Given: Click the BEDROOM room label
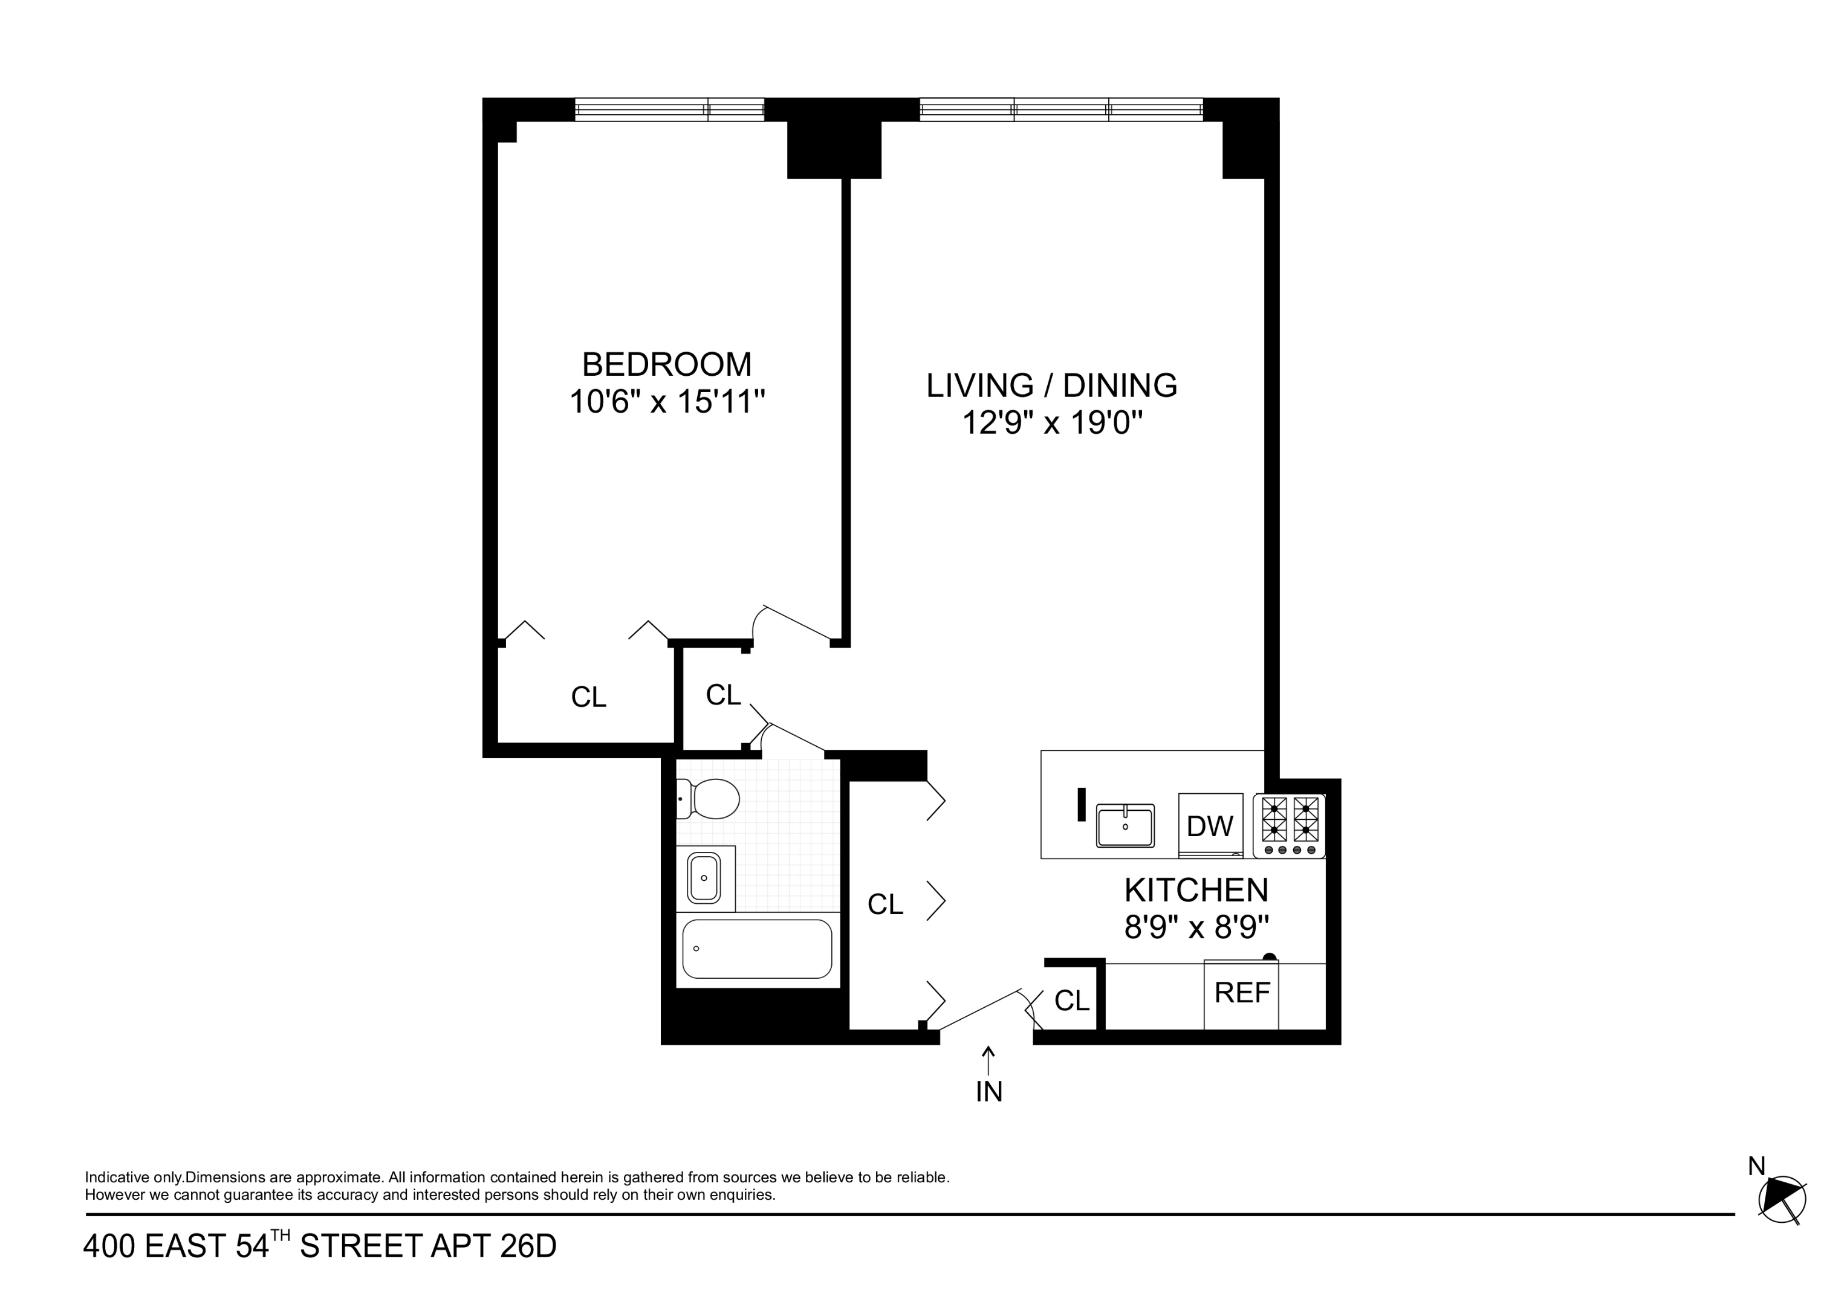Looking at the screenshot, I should [666, 364].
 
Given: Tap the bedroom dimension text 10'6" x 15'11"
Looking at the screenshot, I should [666, 401].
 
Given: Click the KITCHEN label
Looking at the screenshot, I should [1196, 890].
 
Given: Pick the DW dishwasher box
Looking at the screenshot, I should [1210, 826].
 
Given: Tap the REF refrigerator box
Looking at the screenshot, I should [1241, 994].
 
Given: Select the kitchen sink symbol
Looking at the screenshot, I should [1125, 826].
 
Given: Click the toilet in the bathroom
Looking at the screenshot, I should [710, 799].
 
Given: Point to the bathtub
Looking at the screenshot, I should [757, 949].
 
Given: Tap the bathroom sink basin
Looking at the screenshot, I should [704, 878].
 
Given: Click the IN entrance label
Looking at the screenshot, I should [988, 1092].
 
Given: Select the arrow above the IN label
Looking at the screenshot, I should [988, 1060].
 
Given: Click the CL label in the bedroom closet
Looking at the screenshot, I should [588, 698].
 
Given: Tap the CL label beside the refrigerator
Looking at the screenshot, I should [1071, 1001].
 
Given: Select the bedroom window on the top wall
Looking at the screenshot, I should [669, 109].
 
